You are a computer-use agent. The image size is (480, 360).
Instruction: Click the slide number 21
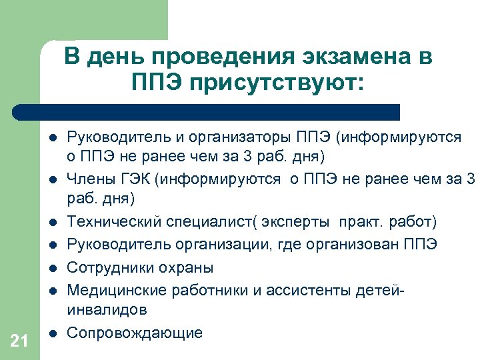pos(19,342)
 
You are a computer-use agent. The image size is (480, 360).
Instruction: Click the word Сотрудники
pos(111,267)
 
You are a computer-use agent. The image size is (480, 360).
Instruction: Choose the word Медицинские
pos(117,290)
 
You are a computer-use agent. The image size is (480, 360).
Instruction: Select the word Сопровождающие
pos(135,333)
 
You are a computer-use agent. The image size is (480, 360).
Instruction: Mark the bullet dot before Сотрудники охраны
pos(53,268)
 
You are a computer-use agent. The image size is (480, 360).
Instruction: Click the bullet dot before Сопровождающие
pos(53,333)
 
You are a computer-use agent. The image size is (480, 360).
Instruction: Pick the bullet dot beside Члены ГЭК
pos(53,179)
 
